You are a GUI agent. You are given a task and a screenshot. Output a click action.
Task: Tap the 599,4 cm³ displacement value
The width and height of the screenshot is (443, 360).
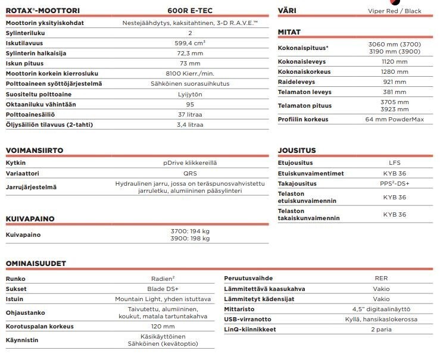190,43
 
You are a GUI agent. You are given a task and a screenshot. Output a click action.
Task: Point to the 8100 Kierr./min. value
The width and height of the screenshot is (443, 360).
190,73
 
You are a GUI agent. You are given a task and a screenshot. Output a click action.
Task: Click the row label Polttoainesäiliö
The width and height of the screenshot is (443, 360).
30,114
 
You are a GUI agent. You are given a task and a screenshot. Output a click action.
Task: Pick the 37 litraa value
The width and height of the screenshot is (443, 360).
190,114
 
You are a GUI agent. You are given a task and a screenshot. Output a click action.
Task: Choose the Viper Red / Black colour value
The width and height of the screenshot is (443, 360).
394,11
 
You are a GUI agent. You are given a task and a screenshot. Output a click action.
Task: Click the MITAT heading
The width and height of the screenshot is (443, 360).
289,32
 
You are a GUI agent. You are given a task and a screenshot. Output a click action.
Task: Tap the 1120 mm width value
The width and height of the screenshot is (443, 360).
394,61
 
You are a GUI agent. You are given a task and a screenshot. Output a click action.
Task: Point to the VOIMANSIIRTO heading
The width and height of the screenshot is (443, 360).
35,151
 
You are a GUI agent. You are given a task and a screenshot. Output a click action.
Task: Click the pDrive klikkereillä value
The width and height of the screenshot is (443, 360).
190,162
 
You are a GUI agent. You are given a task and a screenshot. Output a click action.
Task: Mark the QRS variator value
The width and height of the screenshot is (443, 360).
190,173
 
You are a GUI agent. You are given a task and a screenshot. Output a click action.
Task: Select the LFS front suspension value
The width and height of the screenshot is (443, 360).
394,162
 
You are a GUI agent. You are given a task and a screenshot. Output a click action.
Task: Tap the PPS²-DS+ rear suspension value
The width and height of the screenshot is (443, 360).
394,183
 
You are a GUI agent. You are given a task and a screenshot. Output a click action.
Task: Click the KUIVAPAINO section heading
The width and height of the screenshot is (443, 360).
30,218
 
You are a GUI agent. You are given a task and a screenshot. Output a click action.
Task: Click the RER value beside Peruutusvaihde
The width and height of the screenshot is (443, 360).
381,278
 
